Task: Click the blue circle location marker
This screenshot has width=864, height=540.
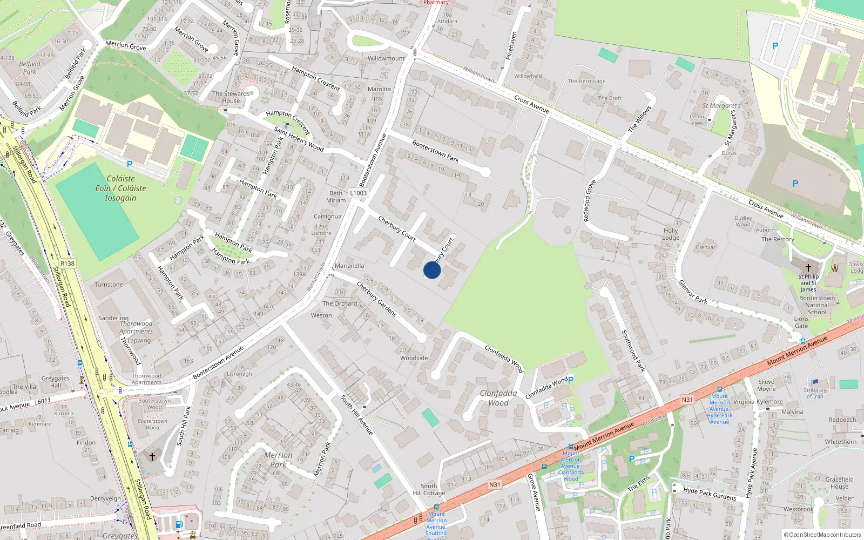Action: point(432,270)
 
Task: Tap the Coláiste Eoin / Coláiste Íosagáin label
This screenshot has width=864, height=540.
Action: point(120,188)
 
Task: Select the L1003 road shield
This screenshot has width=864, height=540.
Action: point(358,193)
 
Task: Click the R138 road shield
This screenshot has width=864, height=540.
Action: point(67,264)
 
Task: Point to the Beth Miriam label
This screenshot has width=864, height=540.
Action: point(336,197)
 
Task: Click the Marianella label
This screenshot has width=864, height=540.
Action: point(349,266)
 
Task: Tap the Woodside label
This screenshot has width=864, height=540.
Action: point(414,358)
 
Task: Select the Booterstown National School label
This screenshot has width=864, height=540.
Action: point(817,305)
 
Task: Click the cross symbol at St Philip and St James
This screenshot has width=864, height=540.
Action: point(808,268)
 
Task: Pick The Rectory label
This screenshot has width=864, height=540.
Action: point(778,239)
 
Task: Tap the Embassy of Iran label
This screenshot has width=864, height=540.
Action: point(815,393)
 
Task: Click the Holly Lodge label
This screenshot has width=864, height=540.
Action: point(671,234)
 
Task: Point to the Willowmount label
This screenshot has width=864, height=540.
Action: point(386,58)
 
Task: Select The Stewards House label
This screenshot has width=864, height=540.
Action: point(231,97)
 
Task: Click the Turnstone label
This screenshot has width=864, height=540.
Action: point(109,285)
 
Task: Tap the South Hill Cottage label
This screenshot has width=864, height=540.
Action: point(429,489)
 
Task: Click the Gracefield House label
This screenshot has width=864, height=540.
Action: point(839,483)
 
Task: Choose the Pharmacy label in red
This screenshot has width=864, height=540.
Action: point(436,3)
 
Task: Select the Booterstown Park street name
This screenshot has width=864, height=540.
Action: point(435,151)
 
